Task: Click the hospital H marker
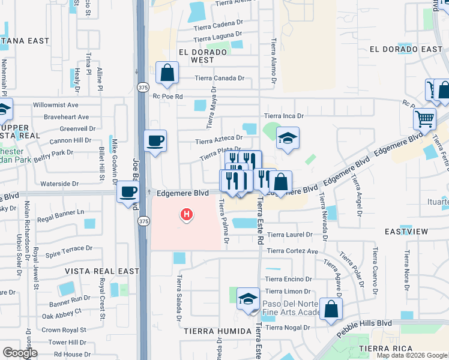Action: (x=187, y=214)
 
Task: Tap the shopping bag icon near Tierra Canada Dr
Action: (x=167, y=73)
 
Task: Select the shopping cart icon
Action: (x=424, y=119)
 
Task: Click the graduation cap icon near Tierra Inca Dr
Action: (x=288, y=138)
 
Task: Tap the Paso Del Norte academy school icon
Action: (x=248, y=300)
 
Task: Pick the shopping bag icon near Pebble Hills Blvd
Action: (x=331, y=310)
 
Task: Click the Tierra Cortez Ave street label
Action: (x=292, y=251)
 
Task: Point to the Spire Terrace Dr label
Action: (x=69, y=247)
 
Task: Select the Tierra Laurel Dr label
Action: (x=290, y=235)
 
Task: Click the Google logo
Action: (x=20, y=353)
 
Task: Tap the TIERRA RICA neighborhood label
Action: (x=385, y=349)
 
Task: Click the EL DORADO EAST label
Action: (x=406, y=49)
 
